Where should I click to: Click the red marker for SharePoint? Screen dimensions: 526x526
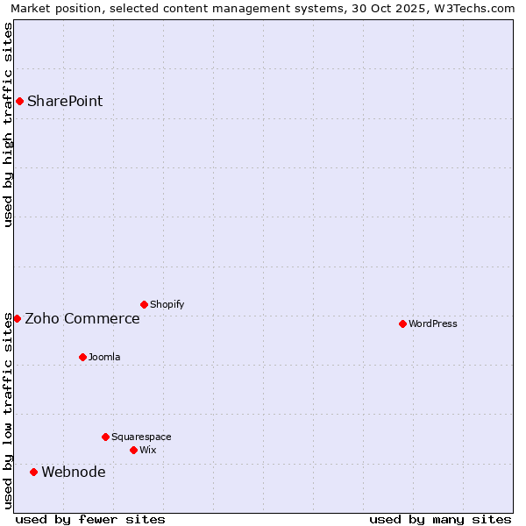tap(19, 101)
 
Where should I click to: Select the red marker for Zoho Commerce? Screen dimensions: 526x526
tap(17, 318)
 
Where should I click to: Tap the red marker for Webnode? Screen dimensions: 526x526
tap(33, 472)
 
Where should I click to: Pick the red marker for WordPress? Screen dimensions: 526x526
tap(402, 323)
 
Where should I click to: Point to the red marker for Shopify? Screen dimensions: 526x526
tap(144, 304)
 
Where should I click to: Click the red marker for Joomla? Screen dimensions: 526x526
tap(82, 357)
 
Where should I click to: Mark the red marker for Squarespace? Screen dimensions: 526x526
tap(105, 437)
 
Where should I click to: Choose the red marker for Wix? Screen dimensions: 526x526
tap(133, 450)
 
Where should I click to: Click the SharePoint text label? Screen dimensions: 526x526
tap(65, 101)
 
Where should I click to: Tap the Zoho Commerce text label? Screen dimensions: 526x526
tap(82, 318)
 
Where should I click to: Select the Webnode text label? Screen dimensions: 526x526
tap(74, 472)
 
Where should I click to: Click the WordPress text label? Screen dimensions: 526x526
tap(433, 323)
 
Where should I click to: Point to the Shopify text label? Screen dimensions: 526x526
tap(167, 304)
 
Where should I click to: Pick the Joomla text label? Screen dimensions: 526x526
tap(104, 357)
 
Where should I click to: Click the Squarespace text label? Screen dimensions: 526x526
tap(141, 437)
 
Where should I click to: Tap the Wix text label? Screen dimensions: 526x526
tap(148, 450)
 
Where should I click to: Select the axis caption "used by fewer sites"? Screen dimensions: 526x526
tap(90, 519)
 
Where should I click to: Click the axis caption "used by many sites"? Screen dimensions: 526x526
tap(440, 519)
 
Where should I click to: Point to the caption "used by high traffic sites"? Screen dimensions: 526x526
tap(9, 124)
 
